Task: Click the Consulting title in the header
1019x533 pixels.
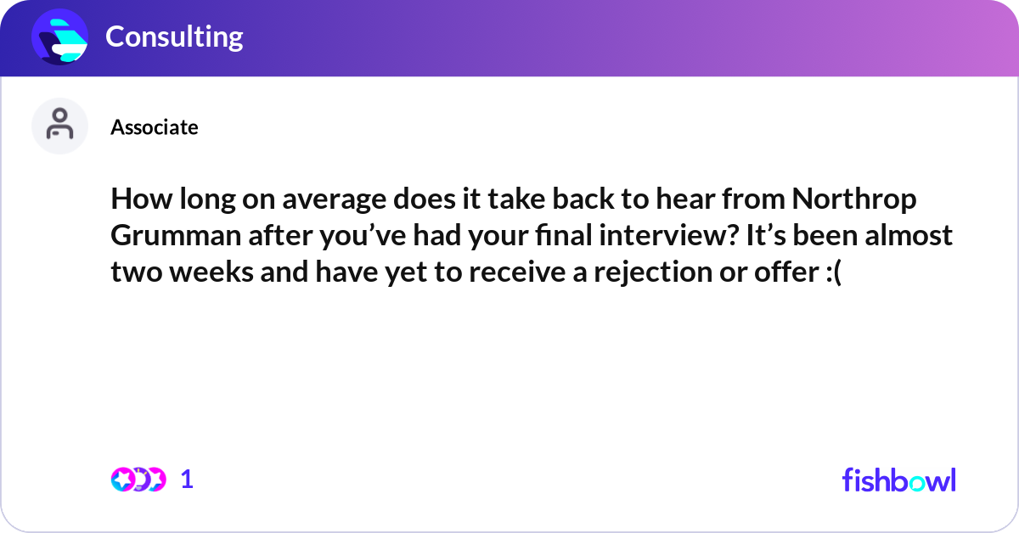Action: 174,36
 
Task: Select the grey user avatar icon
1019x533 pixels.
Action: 59,126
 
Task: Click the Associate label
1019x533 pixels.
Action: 155,127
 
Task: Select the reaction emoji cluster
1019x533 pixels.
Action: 138,480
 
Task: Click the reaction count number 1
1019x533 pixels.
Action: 187,480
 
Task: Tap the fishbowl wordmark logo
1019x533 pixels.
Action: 898,480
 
